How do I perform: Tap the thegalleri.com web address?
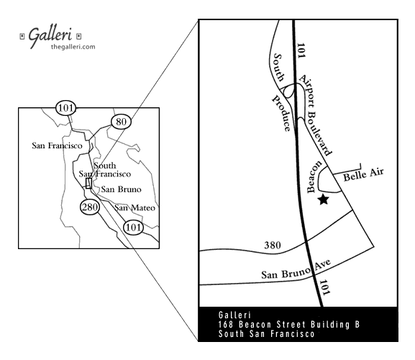(x=73, y=47)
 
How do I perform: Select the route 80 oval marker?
(x=121, y=122)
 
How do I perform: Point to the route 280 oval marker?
(x=90, y=207)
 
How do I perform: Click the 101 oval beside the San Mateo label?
(x=133, y=228)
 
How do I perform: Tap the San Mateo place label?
(x=134, y=207)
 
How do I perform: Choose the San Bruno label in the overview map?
(x=122, y=189)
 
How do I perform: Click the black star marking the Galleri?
(x=324, y=199)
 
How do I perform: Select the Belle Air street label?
(x=363, y=175)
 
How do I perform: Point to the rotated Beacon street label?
(x=314, y=176)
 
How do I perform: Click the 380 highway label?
(x=273, y=246)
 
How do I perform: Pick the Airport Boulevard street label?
(x=315, y=114)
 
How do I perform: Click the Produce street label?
(x=282, y=113)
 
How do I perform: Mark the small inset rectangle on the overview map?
(x=88, y=183)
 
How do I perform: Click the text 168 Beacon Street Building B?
(x=289, y=325)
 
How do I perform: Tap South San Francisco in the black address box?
(x=267, y=334)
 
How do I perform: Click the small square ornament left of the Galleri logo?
(x=22, y=36)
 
